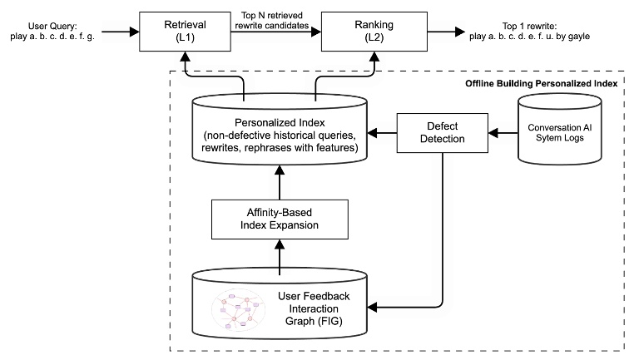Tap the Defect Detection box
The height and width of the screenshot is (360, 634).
(443, 132)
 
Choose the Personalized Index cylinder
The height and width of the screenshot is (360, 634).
(279, 133)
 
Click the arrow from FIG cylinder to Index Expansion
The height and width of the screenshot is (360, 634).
(279, 256)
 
